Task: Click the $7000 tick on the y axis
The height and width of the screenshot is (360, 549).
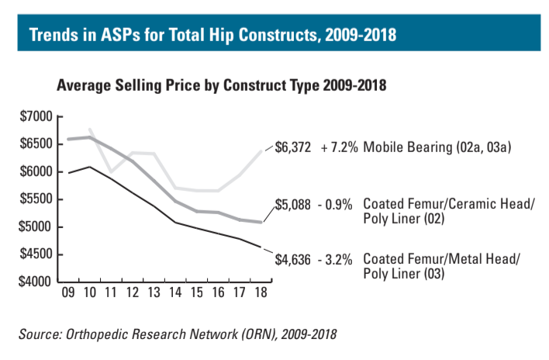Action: coord(36,116)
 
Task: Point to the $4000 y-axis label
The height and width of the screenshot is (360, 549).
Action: coord(36,282)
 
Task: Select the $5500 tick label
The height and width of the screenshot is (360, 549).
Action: coord(36,199)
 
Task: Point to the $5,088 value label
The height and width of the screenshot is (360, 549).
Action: coord(293,206)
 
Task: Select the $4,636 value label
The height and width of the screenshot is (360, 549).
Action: coord(293,259)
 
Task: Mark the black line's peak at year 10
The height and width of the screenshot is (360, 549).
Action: coord(91,166)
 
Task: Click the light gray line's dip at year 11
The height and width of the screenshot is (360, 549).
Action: coord(112,171)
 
